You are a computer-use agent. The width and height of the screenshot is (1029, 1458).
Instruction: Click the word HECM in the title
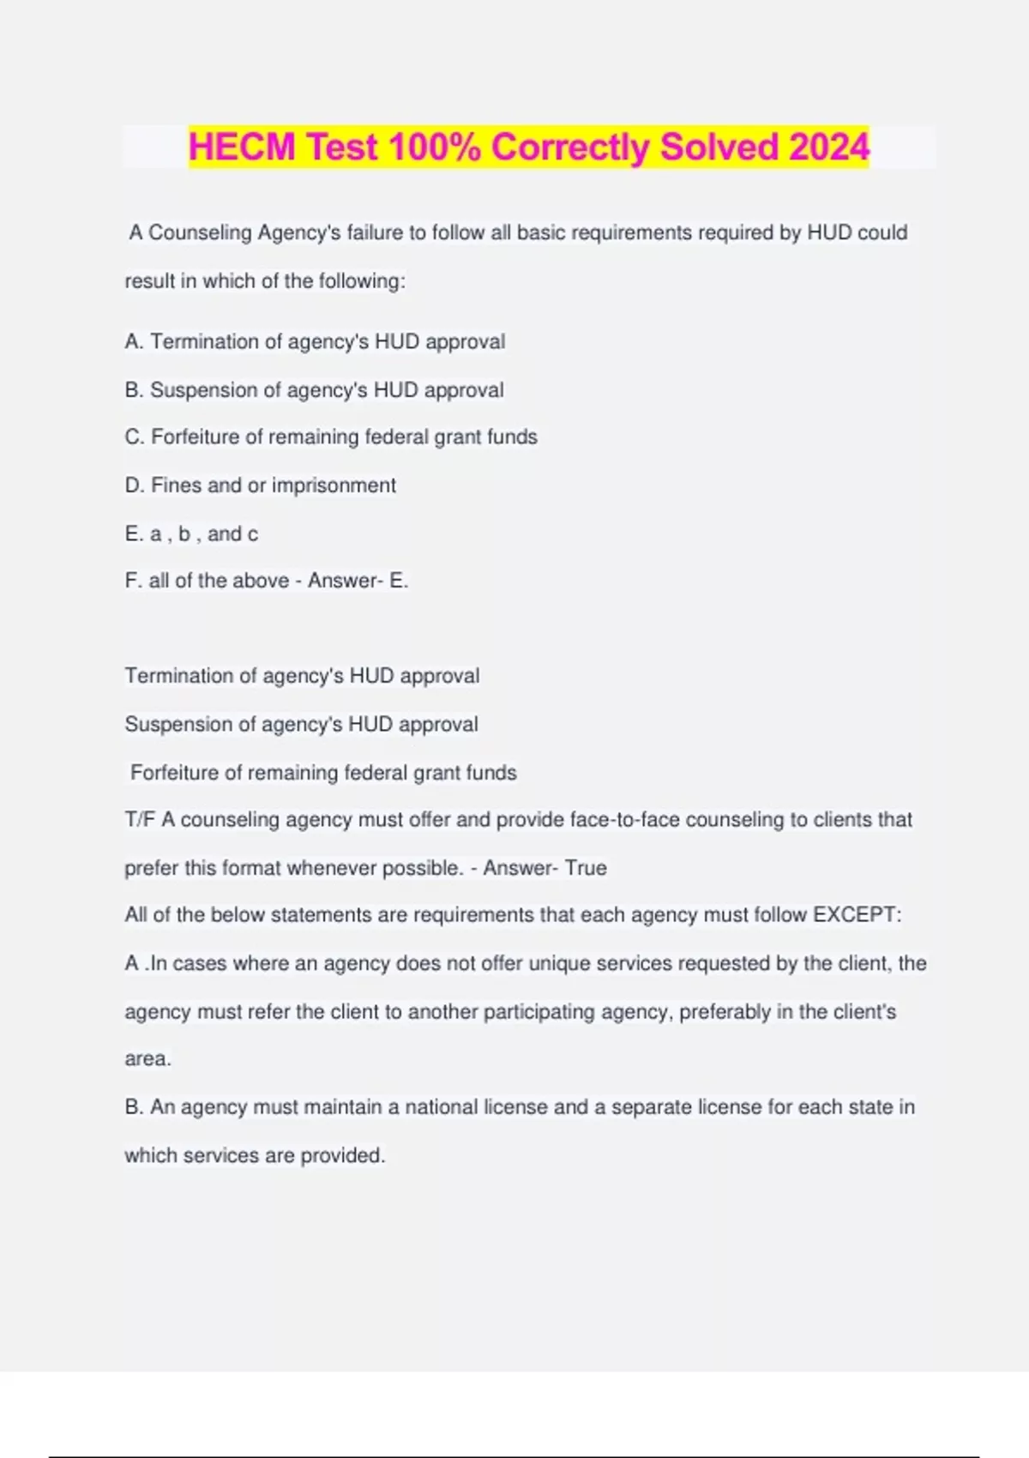click(x=241, y=147)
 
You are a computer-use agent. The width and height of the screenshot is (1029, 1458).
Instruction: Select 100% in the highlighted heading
click(x=434, y=147)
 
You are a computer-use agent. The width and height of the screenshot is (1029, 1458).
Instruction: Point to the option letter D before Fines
click(x=134, y=485)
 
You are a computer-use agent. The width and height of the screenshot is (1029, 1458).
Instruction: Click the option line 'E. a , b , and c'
click(x=191, y=534)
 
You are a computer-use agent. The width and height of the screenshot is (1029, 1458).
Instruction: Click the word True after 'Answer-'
click(x=586, y=868)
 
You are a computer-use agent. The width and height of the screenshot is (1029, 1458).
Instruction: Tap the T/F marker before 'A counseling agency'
click(x=140, y=820)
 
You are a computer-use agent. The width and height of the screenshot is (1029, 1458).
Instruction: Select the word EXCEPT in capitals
click(x=857, y=915)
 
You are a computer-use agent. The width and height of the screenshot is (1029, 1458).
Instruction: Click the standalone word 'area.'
click(x=147, y=1059)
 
